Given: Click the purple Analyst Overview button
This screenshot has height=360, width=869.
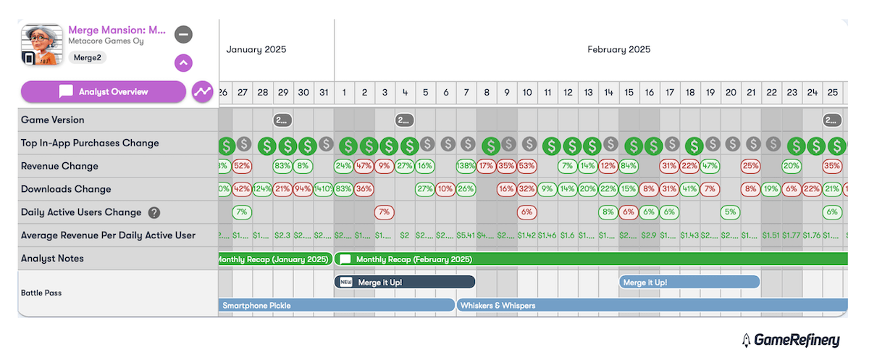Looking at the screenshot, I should click(x=104, y=92).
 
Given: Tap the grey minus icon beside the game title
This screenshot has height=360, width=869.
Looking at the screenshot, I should click(x=183, y=34).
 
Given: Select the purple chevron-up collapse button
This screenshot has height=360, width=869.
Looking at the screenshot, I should click(x=183, y=63).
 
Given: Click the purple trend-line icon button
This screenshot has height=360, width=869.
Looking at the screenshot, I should click(x=202, y=92).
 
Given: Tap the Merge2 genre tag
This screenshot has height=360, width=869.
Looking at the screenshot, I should click(x=87, y=57).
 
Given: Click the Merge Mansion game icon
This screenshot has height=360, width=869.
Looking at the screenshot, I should click(x=41, y=45).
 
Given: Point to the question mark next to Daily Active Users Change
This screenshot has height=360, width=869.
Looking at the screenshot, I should click(x=154, y=212).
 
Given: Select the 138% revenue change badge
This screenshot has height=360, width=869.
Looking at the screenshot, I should click(x=466, y=166).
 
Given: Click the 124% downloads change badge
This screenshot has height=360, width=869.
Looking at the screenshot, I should click(x=262, y=189).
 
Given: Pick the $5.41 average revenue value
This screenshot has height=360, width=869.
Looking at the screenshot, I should click(x=466, y=235).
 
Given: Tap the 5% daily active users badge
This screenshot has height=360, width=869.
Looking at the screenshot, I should click(x=730, y=212).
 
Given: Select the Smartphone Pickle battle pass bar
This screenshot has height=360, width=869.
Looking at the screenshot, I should click(x=336, y=305).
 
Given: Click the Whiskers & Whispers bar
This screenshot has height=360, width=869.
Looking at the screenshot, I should click(x=652, y=305).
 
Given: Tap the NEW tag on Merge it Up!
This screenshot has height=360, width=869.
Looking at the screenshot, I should click(x=346, y=282).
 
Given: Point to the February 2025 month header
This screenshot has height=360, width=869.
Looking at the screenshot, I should click(x=618, y=49).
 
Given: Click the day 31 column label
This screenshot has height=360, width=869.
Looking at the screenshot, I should click(x=324, y=92).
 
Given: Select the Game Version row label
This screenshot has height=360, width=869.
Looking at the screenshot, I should click(x=53, y=120).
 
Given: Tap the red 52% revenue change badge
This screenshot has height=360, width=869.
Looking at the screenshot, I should click(x=242, y=166).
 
